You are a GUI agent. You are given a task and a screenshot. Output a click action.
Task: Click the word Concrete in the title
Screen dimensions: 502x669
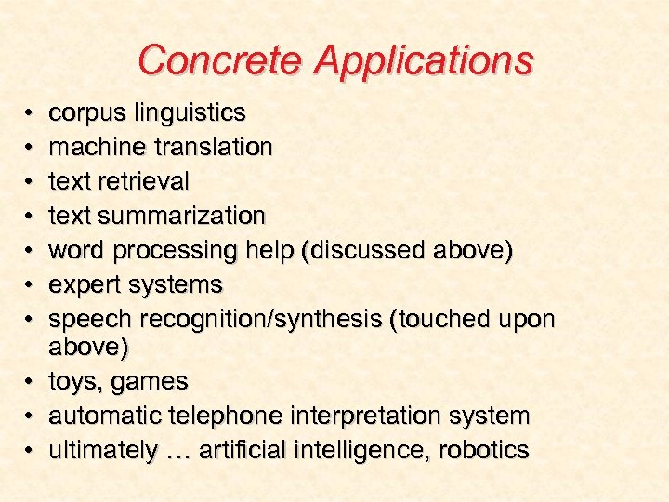pos(222,60)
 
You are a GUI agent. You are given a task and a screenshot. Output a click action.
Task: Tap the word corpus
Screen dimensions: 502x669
pos(88,114)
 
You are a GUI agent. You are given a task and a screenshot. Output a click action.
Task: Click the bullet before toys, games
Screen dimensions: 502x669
pos(30,381)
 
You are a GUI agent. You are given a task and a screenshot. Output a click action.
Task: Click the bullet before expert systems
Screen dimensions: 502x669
pos(30,284)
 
